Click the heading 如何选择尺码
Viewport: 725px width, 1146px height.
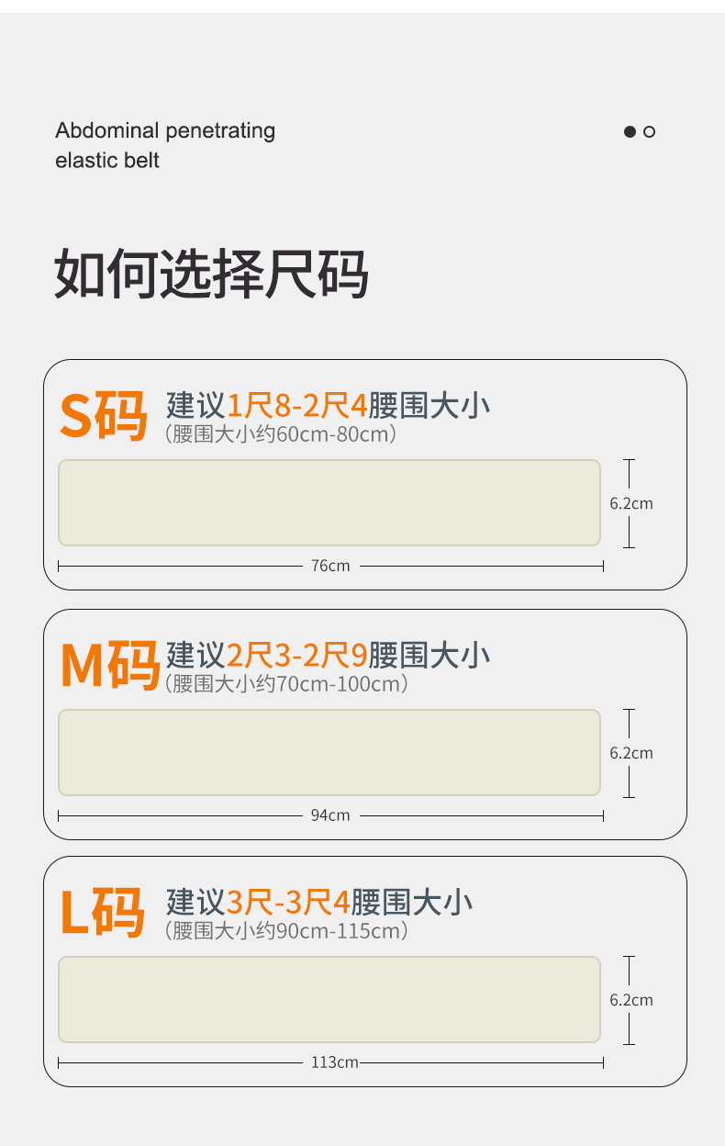coord(211,273)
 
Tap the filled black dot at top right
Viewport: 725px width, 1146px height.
coord(630,131)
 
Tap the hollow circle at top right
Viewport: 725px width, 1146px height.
coord(650,131)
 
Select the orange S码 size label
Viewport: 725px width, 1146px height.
coord(103,416)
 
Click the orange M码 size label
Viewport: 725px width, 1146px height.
coord(110,665)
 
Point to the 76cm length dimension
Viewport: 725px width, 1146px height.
coord(330,566)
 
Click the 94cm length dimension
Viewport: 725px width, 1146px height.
coord(330,815)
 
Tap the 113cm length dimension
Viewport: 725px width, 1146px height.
coord(334,1062)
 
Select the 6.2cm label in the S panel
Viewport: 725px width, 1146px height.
coord(631,503)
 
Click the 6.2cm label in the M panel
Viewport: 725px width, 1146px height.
coord(631,753)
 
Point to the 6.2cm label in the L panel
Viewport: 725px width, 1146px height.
coord(631,1000)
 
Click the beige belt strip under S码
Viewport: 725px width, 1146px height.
coord(329,502)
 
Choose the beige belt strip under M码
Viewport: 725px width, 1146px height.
coord(329,752)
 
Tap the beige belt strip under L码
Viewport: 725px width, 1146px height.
coord(329,999)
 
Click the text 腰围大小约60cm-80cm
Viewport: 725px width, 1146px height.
coord(281,434)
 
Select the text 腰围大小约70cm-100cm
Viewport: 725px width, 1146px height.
coord(286,684)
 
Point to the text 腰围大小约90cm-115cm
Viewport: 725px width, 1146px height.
coord(286,931)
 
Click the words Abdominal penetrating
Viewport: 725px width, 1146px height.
coord(165,130)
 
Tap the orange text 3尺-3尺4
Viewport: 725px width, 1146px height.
coord(288,902)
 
